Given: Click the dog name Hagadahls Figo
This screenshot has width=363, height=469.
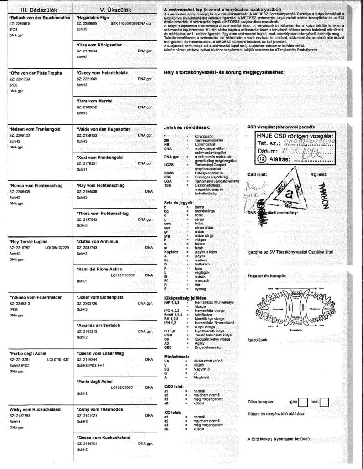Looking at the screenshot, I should (96, 16).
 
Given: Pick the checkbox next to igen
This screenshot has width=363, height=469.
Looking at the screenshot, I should (303, 402).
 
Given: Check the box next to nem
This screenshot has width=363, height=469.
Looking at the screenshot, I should (324, 402).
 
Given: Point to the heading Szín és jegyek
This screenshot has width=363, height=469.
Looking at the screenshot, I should (179, 202).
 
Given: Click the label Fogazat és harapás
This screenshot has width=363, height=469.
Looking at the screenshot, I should (266, 276).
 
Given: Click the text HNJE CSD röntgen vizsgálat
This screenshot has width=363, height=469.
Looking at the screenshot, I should (296, 135).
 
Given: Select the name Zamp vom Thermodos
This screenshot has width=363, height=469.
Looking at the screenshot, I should (100, 409).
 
